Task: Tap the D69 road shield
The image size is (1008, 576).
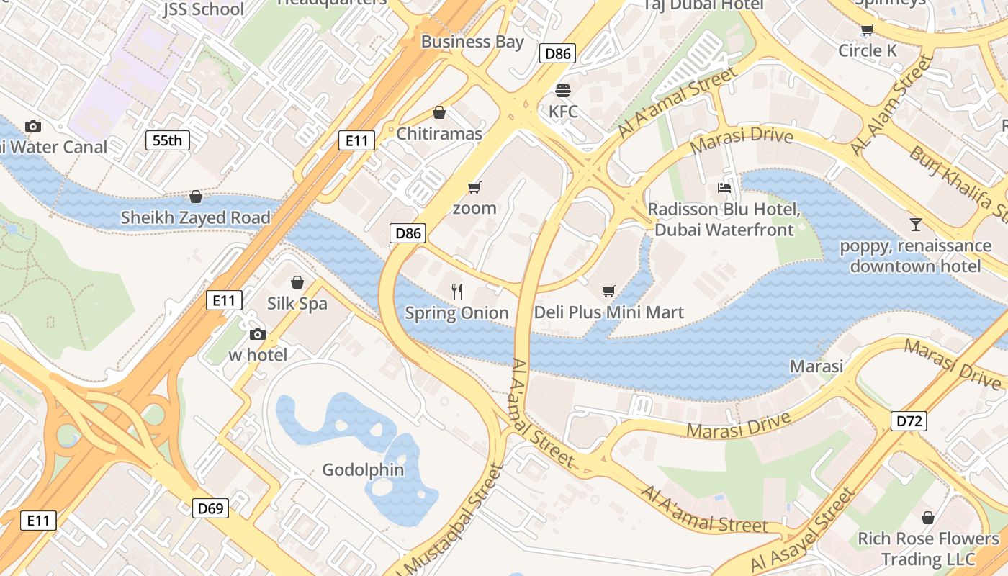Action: click(x=210, y=508)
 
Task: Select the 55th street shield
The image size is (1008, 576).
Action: click(x=168, y=140)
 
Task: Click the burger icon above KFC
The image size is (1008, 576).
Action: click(x=563, y=91)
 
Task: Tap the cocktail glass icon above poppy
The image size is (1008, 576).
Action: click(x=915, y=224)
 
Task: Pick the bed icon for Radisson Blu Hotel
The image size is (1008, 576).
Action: click(x=724, y=188)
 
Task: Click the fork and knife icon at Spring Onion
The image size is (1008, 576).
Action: click(x=456, y=291)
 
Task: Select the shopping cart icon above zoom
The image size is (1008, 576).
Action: click(x=474, y=188)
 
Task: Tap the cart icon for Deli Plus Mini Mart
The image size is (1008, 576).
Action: click(x=609, y=291)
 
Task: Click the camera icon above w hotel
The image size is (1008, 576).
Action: click(x=257, y=334)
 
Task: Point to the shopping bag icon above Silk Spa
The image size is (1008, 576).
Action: click(x=297, y=282)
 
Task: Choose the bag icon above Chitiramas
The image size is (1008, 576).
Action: click(x=439, y=113)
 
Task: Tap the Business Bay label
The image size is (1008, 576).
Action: click(x=472, y=42)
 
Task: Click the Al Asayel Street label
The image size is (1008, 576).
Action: click(x=804, y=531)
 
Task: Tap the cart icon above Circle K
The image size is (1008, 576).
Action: click(x=867, y=30)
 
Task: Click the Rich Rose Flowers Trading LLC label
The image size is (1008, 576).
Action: click(x=928, y=549)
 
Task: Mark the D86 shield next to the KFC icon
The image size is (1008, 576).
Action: click(x=557, y=53)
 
